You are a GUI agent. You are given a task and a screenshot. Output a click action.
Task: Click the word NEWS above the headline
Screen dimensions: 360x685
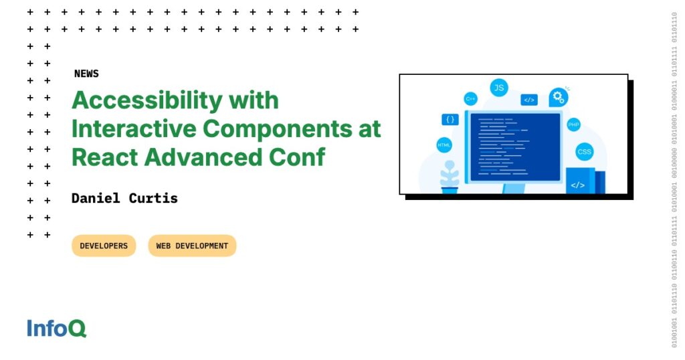[86, 74]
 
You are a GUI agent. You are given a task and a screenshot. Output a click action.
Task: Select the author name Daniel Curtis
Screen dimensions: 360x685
[124, 198]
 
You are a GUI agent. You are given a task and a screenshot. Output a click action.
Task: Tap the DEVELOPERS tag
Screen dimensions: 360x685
[104, 246]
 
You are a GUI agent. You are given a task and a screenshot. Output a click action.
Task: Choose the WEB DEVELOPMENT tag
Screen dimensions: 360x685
[192, 246]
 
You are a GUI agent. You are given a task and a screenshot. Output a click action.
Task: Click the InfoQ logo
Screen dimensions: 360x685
[57, 329]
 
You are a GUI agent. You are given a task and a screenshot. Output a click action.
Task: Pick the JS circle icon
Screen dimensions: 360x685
[498, 87]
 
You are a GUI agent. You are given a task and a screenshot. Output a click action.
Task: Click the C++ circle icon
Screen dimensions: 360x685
[471, 99]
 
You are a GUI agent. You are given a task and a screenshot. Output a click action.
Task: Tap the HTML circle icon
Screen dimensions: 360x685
[444, 145]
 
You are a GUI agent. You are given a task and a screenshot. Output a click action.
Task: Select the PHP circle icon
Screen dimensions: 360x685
[573, 124]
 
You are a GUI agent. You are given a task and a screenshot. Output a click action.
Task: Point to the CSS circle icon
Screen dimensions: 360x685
[585, 152]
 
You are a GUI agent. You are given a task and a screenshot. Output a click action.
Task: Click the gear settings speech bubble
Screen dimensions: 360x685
[558, 98]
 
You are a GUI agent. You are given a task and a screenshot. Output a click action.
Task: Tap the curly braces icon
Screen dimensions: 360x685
[450, 120]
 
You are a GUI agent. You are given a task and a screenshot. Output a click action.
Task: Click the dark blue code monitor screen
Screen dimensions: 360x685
[515, 147]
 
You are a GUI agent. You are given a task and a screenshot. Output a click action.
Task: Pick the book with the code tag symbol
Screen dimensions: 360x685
[579, 182]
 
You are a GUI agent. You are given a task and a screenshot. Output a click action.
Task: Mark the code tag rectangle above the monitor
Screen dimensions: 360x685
[529, 100]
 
